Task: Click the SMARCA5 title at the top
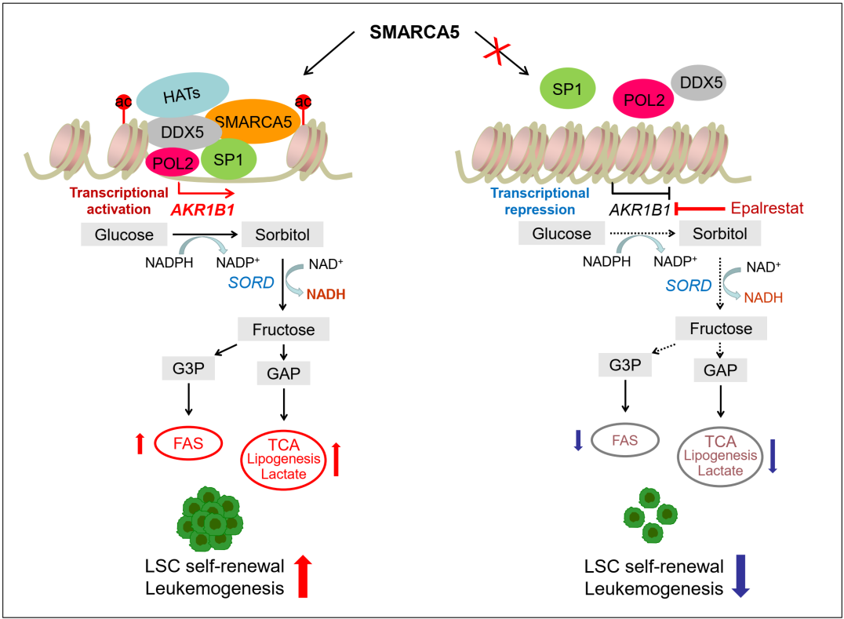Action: click(x=414, y=34)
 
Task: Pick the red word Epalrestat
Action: click(x=769, y=209)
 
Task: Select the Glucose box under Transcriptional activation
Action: click(x=124, y=233)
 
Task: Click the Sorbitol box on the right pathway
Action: click(x=720, y=234)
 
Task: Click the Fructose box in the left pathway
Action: click(x=284, y=330)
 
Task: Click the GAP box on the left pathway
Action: click(x=284, y=373)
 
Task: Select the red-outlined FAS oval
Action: click(x=188, y=444)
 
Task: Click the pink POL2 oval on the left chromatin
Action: click(x=172, y=161)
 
